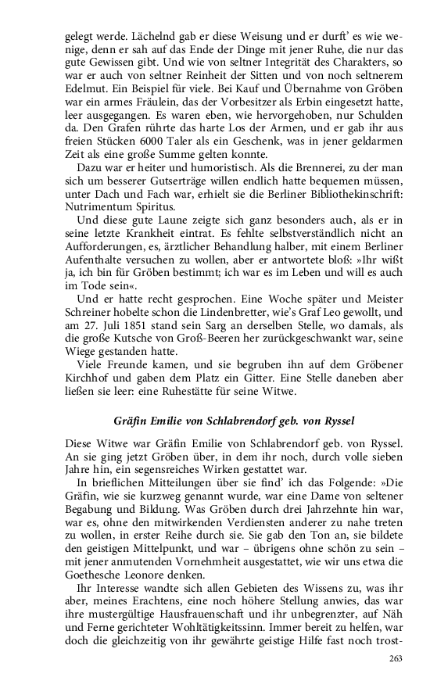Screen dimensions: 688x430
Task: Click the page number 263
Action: (395, 659)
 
